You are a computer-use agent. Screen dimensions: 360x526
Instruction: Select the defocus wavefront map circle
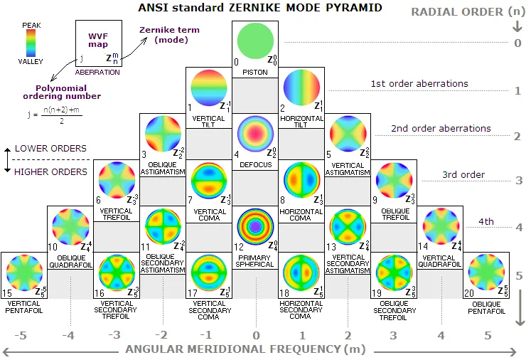click(255, 133)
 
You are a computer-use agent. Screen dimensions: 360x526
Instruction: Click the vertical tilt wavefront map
click(209, 88)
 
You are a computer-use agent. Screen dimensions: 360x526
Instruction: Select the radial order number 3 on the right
click(519, 181)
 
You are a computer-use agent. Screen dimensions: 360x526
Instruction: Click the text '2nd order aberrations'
click(441, 129)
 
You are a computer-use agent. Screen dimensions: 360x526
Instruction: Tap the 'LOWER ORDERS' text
click(50, 149)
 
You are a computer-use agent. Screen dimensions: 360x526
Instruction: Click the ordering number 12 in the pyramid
click(239, 247)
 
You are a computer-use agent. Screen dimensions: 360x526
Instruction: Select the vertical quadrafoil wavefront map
click(440, 226)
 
